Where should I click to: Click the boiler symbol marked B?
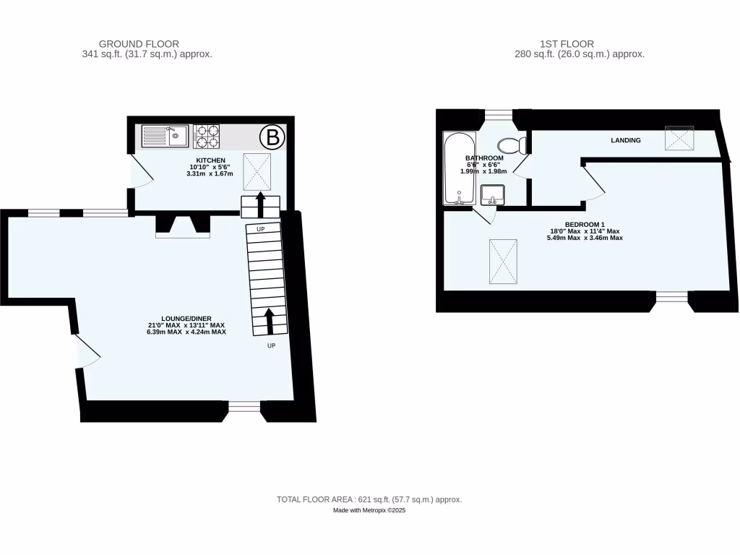[272, 136]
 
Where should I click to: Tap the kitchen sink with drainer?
[165, 135]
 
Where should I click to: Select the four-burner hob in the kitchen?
[206, 135]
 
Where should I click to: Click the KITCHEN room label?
[211, 160]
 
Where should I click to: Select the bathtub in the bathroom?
[458, 169]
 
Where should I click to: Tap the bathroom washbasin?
[493, 194]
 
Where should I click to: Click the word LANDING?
[625, 140]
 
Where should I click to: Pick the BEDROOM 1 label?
[585, 224]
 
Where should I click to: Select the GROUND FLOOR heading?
[139, 44]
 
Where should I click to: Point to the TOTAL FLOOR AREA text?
[369, 499]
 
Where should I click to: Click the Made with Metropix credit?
[369, 510]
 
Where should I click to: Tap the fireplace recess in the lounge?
[183, 226]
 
